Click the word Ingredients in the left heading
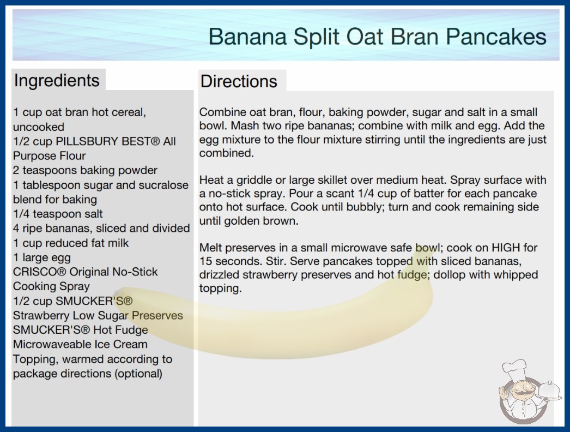click(x=57, y=81)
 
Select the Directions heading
click(x=239, y=81)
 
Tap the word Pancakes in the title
click(x=496, y=37)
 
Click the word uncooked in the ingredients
click(x=39, y=127)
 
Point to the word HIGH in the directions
click(x=506, y=248)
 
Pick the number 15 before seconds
click(x=205, y=261)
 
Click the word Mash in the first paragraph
click(x=244, y=125)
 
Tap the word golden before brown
click(x=242, y=221)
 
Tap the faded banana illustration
click(x=276, y=324)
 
